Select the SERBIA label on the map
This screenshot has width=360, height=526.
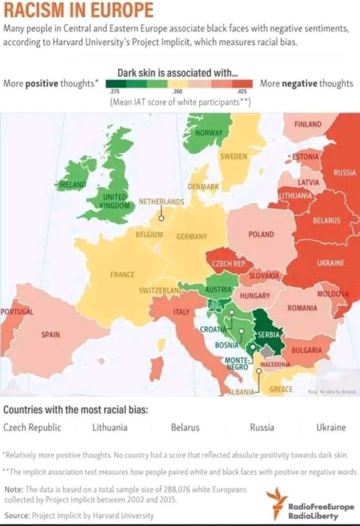[x=269, y=334]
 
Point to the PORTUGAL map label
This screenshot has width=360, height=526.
[x=17, y=312]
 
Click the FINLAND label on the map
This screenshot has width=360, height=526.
[x=308, y=124]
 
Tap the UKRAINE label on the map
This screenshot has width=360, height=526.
[x=330, y=263]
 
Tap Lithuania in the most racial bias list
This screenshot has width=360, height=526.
[x=109, y=428]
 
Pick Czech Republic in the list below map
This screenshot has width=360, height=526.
[x=32, y=428]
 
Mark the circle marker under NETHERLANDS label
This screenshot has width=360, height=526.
[x=161, y=218]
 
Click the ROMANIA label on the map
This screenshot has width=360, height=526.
[x=302, y=308]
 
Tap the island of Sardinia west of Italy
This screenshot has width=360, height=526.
[x=155, y=368]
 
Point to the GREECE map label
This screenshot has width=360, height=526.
[x=281, y=389]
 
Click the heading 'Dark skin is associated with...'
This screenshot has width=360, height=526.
[x=178, y=72]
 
